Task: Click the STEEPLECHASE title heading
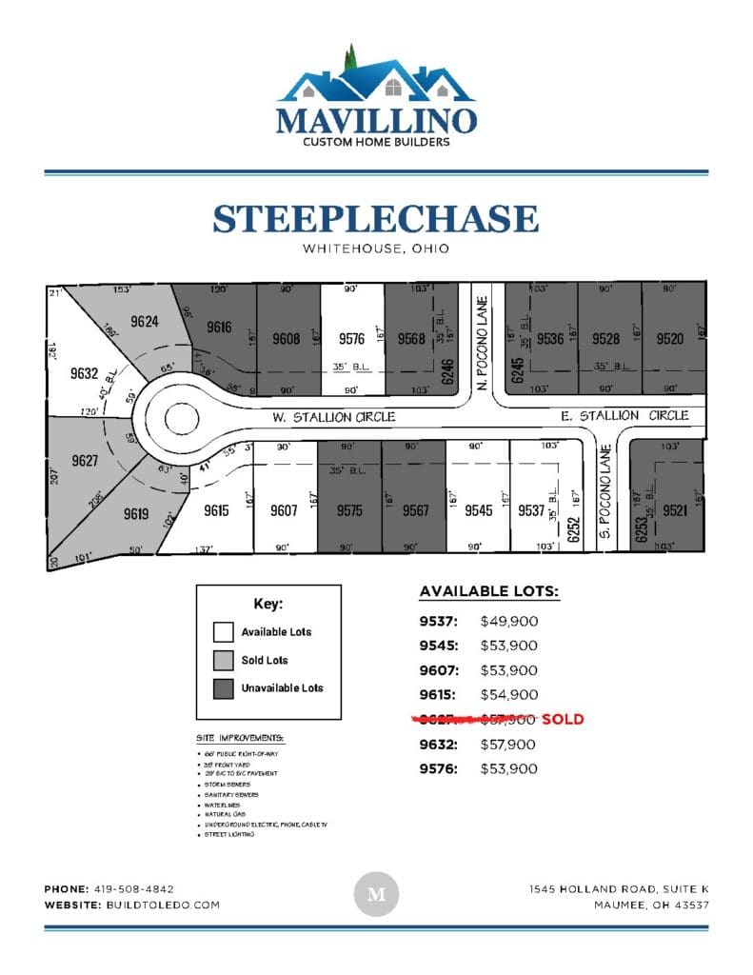click(376, 219)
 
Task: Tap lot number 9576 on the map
click(352, 338)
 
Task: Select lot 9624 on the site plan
click(145, 322)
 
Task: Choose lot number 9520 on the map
click(670, 338)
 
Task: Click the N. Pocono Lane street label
click(482, 328)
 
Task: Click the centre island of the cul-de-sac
click(180, 417)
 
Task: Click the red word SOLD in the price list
click(563, 720)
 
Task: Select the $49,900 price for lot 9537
click(509, 622)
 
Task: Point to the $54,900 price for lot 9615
click(509, 696)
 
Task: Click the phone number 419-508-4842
click(134, 889)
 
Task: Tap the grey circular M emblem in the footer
click(376, 895)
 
